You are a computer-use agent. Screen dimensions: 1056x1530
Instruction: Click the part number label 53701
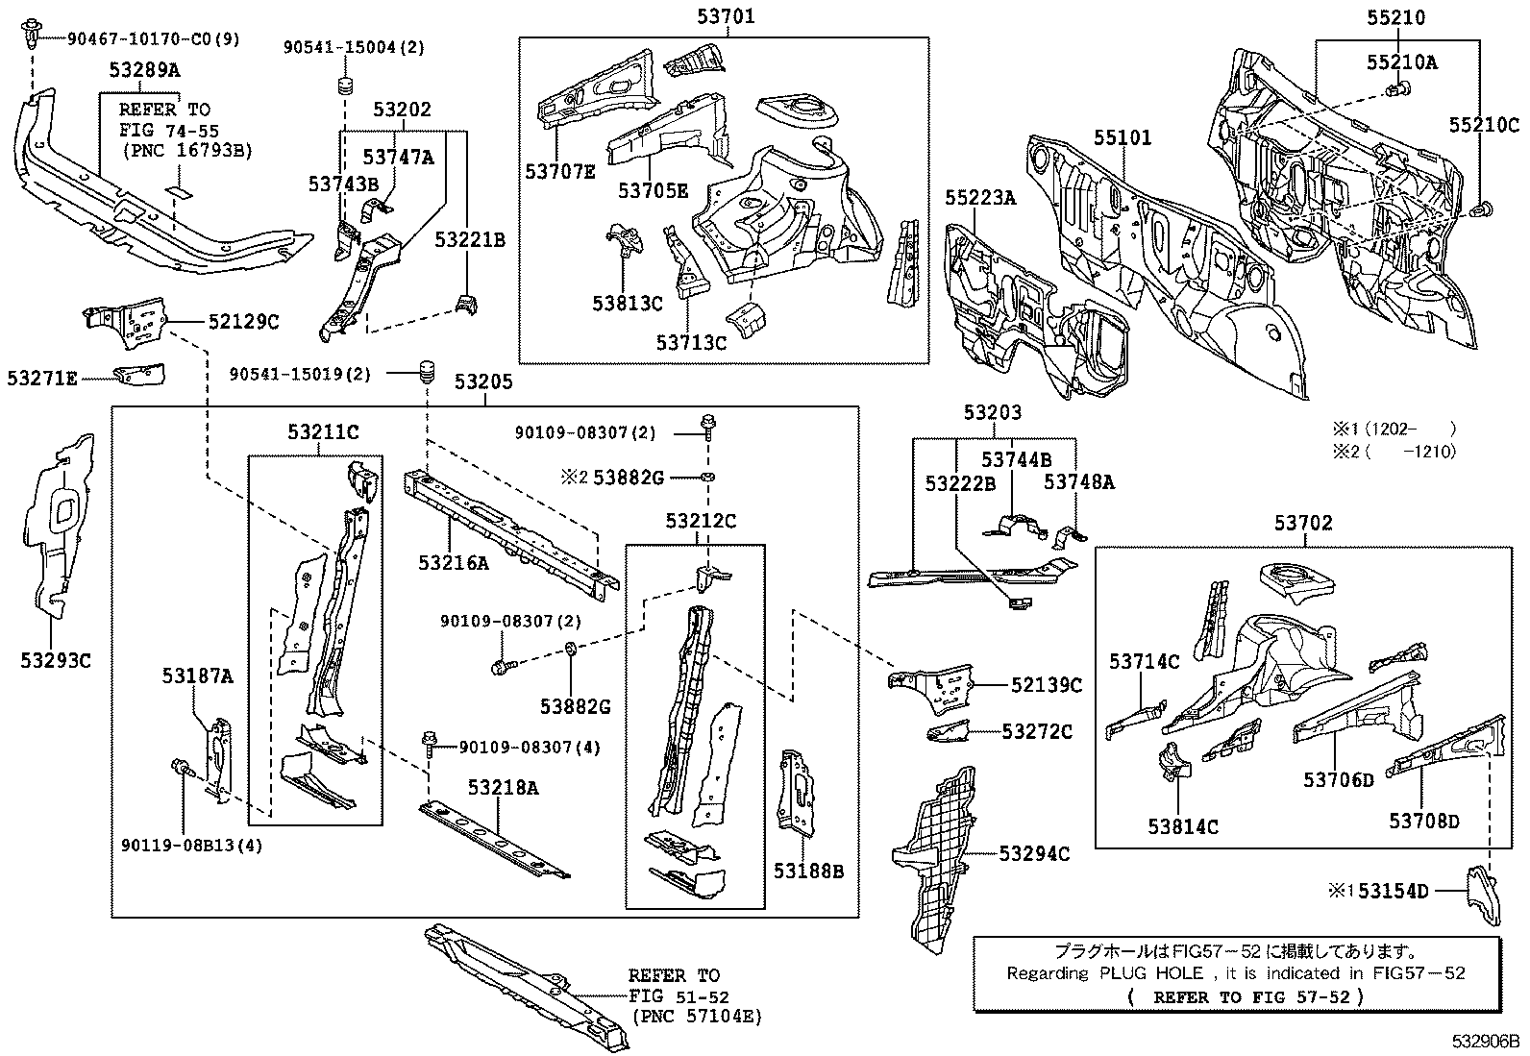tap(726, 15)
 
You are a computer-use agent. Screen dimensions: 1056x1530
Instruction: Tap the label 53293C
tap(56, 660)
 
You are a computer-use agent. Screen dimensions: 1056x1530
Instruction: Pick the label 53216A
tap(453, 563)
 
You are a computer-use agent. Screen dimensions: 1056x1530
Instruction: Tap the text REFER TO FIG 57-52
tap(1246, 996)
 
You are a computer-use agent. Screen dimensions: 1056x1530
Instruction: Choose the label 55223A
tap(979, 197)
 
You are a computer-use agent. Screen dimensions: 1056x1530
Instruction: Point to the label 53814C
tap(1182, 825)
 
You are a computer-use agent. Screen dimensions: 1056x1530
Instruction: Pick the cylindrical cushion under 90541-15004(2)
tap(343, 86)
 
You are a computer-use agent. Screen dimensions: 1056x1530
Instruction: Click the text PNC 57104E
tap(697, 1016)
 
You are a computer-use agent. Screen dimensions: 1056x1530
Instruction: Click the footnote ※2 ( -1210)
tap(1393, 452)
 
